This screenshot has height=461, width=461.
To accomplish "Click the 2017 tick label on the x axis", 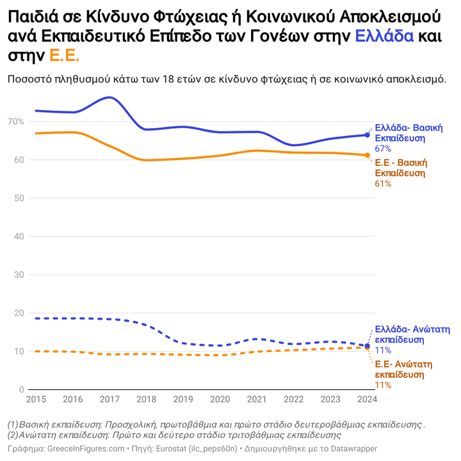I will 109,400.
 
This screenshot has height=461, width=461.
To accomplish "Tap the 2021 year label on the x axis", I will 257,400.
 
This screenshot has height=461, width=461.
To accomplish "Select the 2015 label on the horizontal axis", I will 36,400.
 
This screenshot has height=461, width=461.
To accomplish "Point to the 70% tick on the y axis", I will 16,122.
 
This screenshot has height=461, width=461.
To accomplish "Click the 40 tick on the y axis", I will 19,237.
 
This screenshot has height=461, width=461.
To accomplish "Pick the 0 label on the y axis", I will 22,390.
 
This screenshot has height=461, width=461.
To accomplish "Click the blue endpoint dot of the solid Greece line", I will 367,135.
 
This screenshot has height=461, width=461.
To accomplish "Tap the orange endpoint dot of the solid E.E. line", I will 367,155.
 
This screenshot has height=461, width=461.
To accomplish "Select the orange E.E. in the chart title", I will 65,56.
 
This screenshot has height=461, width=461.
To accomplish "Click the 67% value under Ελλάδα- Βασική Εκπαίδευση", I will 383,149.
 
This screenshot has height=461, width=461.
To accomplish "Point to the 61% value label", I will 382,184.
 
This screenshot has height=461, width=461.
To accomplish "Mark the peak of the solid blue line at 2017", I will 110,97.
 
